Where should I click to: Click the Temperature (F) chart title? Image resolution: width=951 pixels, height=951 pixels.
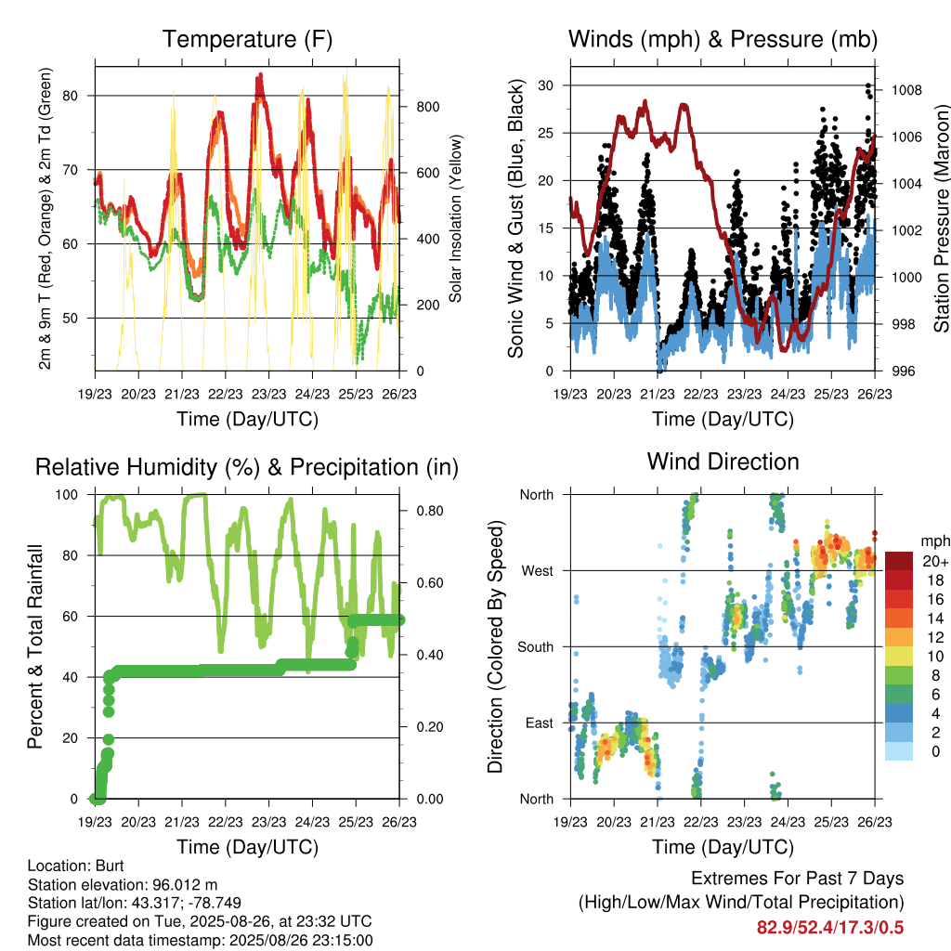coord(247,39)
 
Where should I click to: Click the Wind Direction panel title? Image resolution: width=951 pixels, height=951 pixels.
coord(723,462)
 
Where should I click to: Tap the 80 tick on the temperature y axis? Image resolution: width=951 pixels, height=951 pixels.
coord(71,96)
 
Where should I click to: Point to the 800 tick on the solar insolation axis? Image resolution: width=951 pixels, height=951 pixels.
coord(428,107)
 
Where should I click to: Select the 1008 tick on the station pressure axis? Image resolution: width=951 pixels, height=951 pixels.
coord(906,90)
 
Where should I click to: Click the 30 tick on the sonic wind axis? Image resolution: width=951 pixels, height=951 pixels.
coord(546,85)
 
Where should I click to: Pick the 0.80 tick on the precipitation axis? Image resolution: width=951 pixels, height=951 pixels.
coord(430,511)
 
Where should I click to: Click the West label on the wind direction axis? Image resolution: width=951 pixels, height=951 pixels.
coord(538,571)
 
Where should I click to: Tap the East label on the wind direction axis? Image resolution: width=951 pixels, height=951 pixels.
coord(540,723)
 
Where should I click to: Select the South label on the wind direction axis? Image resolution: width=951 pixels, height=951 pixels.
coord(536,647)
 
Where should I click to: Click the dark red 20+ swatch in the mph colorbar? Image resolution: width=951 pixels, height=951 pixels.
coord(899,561)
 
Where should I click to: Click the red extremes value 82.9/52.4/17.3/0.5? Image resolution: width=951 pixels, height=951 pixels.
coord(830,928)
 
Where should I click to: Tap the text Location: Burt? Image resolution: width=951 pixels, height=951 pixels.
coord(76,866)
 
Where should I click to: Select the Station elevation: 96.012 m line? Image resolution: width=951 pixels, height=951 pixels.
coord(123,884)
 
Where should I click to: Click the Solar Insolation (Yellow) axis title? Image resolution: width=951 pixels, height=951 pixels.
coord(455,218)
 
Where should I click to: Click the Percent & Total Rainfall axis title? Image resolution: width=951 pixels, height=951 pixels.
coord(35,646)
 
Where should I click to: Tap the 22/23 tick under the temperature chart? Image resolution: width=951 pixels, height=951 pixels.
coord(226,394)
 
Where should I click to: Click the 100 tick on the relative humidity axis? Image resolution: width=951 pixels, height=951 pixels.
coord(67,495)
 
